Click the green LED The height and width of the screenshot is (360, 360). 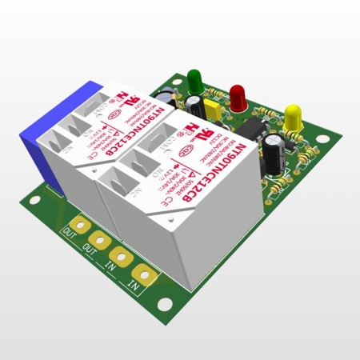(194, 79)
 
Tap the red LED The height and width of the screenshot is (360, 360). (238, 96)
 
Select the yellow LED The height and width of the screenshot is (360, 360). (293, 115)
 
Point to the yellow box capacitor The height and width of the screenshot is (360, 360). (212, 109)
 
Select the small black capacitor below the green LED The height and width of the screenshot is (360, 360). (194, 105)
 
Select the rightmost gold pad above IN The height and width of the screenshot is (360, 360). (142, 273)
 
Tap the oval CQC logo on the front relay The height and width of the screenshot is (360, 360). (186, 149)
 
